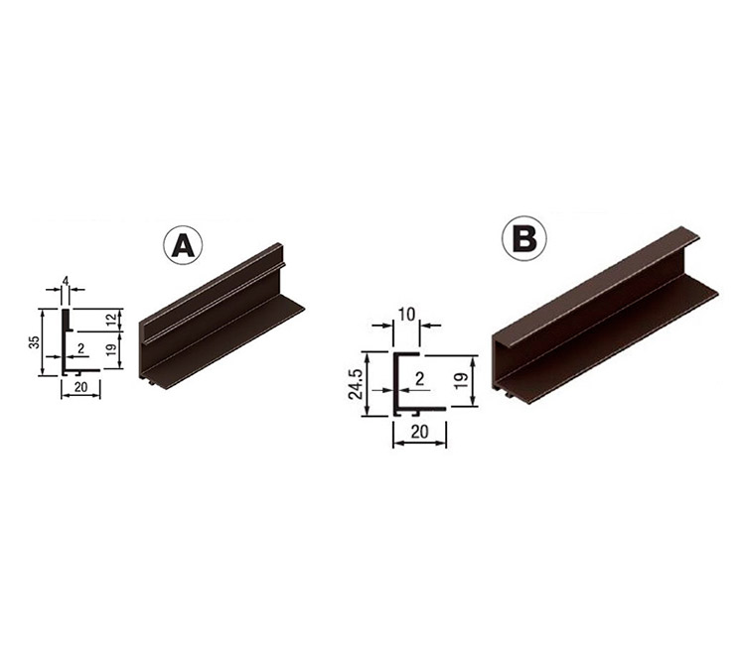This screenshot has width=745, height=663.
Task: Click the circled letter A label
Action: click(x=183, y=245)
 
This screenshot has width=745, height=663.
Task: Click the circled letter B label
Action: click(x=524, y=238)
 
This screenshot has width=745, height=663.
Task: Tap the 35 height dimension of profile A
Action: click(x=34, y=342)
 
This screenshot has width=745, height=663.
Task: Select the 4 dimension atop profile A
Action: click(x=66, y=281)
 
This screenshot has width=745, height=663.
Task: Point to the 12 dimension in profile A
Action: click(x=111, y=320)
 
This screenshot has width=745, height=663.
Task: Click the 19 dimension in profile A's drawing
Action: click(x=111, y=349)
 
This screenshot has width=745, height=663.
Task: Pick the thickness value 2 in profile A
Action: click(x=80, y=348)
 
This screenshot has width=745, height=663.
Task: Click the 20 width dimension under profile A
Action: click(x=80, y=387)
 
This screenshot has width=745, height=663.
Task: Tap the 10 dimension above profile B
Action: click(x=406, y=315)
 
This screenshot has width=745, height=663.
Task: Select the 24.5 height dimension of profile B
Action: click(x=356, y=384)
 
